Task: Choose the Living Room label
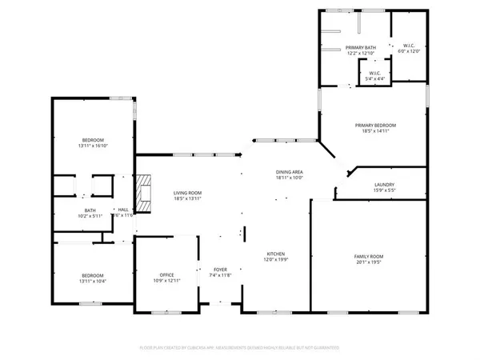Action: point(188,193)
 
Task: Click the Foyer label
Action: point(221,270)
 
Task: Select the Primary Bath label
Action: point(361,48)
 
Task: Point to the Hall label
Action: point(123,210)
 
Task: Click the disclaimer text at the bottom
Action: point(240,348)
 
